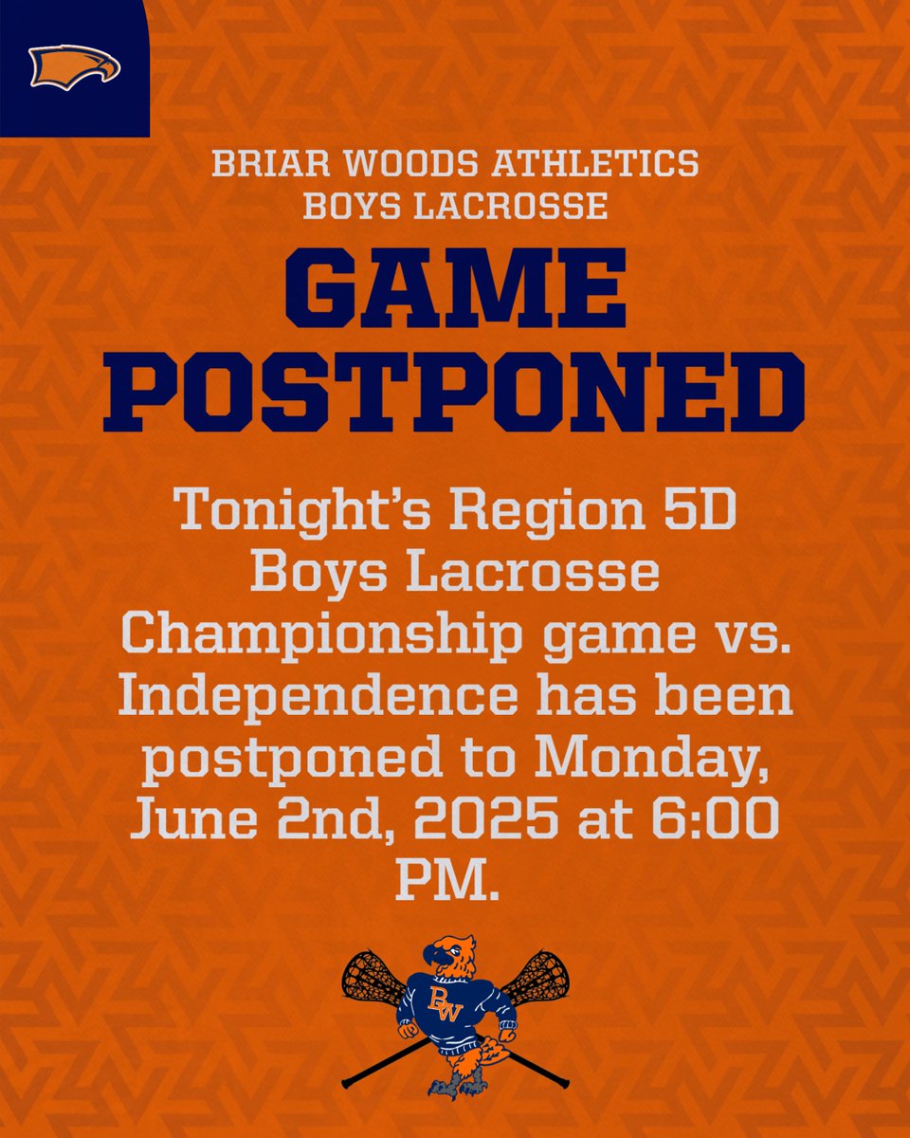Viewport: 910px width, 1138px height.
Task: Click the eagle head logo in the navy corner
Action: click(x=75, y=67)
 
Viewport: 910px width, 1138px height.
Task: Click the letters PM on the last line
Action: click(x=446, y=880)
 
